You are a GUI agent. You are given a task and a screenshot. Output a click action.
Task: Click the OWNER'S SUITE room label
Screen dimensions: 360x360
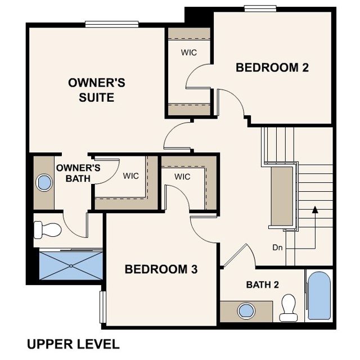point(96,90)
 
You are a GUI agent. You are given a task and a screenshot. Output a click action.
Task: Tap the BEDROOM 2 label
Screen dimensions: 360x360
point(272,68)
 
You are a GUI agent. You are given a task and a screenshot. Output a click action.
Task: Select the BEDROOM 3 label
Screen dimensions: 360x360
point(161,269)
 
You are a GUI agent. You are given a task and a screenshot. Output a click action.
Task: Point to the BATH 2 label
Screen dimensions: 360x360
point(262,285)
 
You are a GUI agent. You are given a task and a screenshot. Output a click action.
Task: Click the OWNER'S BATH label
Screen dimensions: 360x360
point(78,173)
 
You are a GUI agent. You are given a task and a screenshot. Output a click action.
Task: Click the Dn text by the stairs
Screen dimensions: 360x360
point(277,247)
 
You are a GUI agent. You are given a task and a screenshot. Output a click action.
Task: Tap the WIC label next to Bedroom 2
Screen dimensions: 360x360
point(188,52)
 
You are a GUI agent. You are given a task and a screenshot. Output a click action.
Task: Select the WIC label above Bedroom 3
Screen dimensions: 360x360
point(182,177)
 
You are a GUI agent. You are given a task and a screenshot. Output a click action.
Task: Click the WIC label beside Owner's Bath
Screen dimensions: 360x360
point(131,175)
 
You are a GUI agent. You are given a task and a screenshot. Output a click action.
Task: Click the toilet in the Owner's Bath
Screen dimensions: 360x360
point(47,229)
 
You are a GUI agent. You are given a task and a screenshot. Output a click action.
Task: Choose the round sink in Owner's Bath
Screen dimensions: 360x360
point(43,182)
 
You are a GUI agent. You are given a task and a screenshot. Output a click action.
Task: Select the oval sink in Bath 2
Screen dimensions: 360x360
point(245,310)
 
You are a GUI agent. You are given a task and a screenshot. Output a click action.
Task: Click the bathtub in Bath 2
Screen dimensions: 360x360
point(319,295)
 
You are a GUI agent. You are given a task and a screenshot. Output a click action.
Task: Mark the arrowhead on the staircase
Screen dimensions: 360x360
point(314,210)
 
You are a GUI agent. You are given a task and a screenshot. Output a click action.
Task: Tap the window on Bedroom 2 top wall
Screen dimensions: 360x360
point(259,8)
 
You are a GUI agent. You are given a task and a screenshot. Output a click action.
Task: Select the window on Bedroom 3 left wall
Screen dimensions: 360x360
point(103,308)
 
